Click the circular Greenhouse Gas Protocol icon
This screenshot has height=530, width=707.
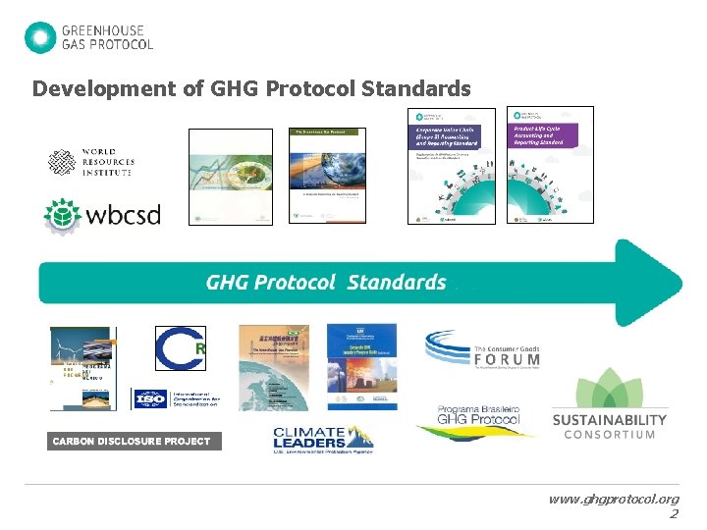click(x=40, y=37)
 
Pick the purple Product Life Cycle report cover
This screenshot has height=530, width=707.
click(x=550, y=164)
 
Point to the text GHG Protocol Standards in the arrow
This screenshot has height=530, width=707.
click(x=326, y=283)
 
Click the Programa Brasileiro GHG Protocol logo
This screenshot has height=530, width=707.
click(x=475, y=420)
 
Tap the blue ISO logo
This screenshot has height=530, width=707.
click(x=150, y=400)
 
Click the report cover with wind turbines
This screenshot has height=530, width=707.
click(x=83, y=368)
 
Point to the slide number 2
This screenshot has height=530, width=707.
click(x=673, y=514)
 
